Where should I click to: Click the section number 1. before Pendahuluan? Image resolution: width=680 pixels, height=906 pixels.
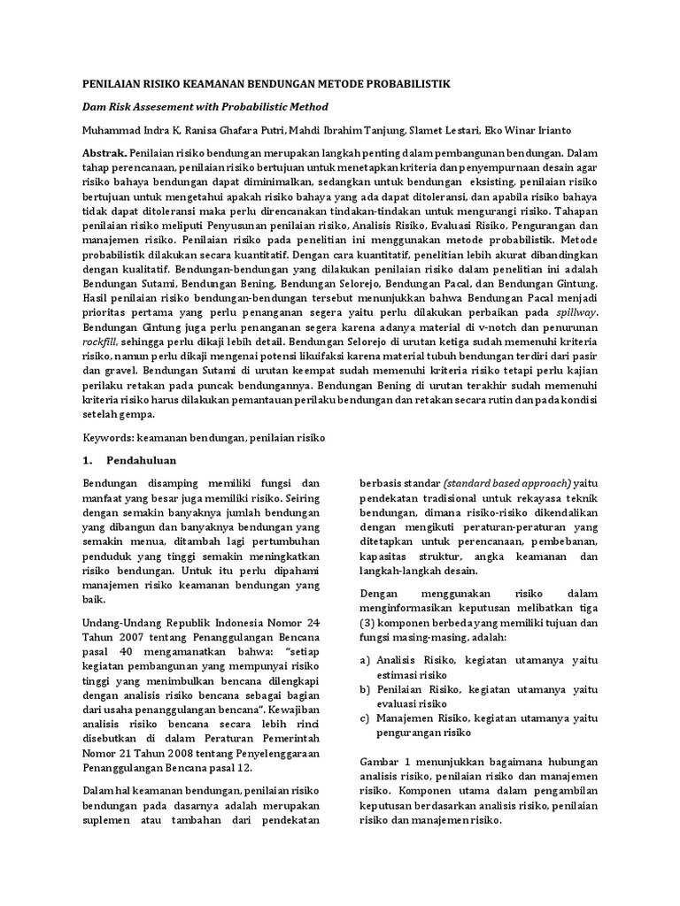pyautogui.click(x=88, y=461)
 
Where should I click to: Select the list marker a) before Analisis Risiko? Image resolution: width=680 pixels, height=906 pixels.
pyautogui.click(x=365, y=660)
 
